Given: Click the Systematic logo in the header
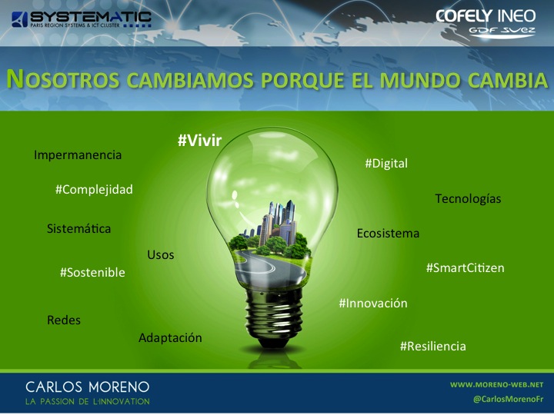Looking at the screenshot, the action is pos(82,19).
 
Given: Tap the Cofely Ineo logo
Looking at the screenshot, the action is pos(486,22).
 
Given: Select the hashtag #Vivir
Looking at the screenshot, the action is pos(199,141).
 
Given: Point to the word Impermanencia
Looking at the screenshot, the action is pos(78,154).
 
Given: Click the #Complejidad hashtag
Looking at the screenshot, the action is pos(94,190).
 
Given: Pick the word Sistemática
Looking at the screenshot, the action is pos(78,228).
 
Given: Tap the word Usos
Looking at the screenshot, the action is pos(161,255).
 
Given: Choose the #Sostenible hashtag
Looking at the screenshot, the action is pos(92,272).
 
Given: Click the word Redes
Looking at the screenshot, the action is pos(64,320).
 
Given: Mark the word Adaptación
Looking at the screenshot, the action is pos(170,337).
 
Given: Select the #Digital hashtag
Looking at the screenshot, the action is pos(386,164).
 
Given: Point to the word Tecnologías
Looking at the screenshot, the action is pos(468,199).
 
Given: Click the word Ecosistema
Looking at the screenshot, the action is pos(388,234).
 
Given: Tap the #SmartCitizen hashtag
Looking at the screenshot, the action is pos(466,268).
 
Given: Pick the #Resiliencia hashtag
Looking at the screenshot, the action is pos(432,346).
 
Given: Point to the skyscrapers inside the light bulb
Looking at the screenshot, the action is pos(279,221).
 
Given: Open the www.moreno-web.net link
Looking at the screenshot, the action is pos(496,384).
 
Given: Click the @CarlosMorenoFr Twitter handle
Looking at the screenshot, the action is pos(508,399).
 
